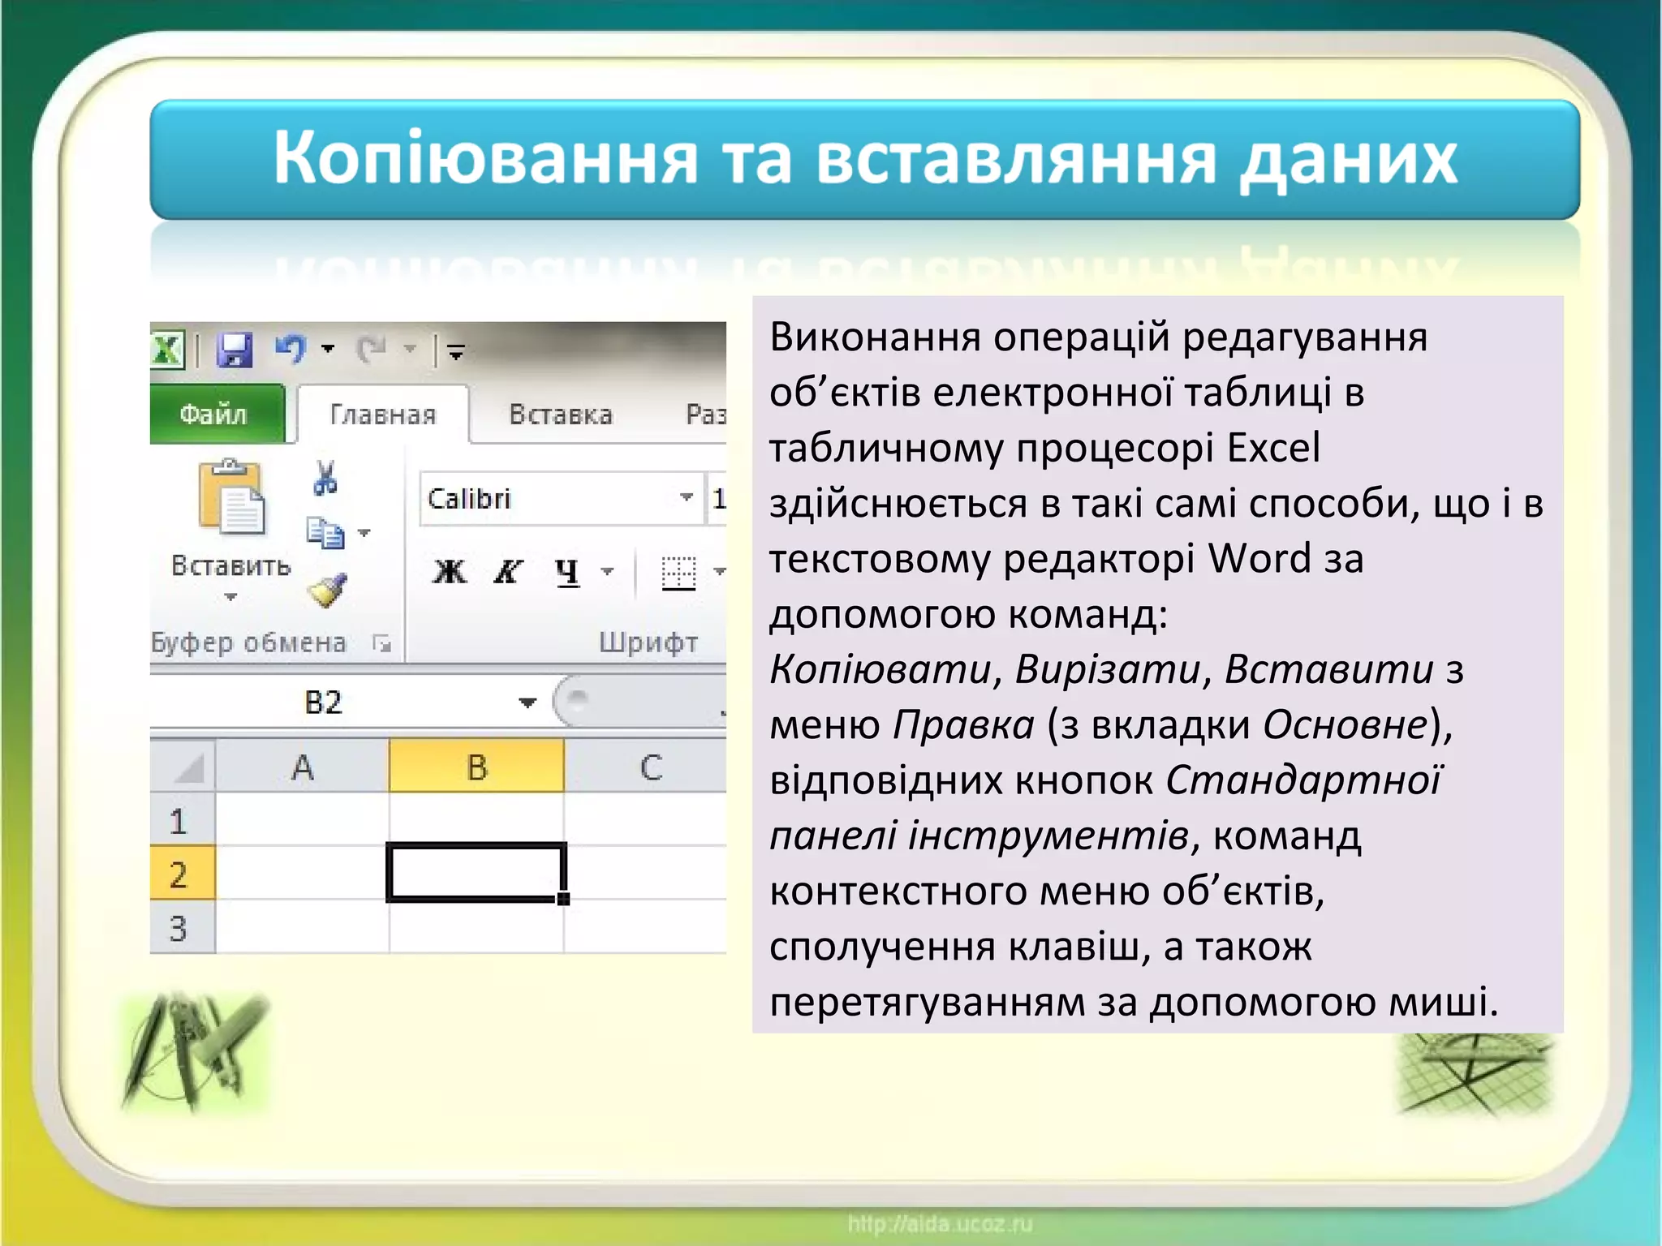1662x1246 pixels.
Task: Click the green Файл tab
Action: pos(214,415)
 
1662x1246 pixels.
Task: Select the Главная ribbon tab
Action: pos(383,415)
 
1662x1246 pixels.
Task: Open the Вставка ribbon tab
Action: pos(561,415)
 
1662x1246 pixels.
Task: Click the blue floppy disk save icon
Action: pos(235,350)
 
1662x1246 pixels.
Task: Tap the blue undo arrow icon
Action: pos(290,349)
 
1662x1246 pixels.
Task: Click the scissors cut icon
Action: pos(325,478)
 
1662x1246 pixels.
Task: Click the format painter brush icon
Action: pos(327,591)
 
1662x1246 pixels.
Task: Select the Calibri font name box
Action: pos(552,498)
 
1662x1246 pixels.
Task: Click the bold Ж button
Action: pos(450,572)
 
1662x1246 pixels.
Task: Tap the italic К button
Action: pos(508,572)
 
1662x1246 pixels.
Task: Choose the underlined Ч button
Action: pos(567,572)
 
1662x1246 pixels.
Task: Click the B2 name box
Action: pos(325,702)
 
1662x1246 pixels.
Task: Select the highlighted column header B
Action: pos(476,767)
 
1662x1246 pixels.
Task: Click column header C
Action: pos(651,767)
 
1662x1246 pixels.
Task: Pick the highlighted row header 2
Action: pos(180,874)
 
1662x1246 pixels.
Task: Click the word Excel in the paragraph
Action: pos(1273,448)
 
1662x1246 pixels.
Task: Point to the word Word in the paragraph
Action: pos(1259,558)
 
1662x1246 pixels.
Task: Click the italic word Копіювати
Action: pos(880,669)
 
